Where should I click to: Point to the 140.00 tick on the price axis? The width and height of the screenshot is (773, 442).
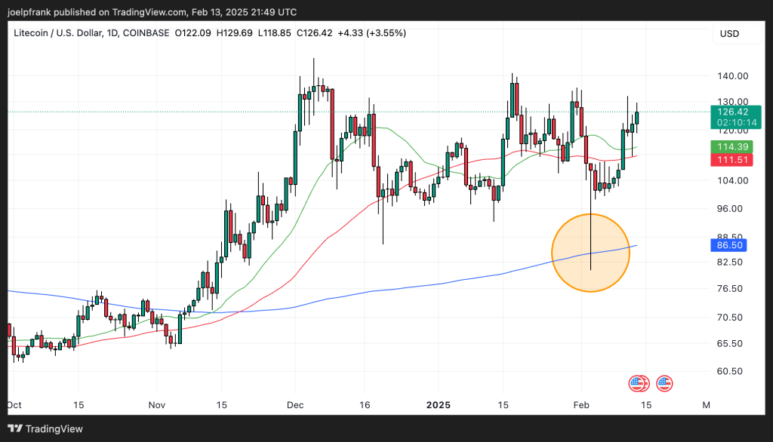point(731,76)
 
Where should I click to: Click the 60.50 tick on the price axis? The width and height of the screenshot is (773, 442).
point(731,371)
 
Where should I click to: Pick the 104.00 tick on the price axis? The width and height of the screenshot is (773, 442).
point(731,181)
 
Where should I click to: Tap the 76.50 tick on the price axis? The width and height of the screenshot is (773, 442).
point(731,289)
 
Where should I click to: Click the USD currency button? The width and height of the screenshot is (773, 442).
point(730,34)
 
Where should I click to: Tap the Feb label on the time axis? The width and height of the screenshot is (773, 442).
point(581,405)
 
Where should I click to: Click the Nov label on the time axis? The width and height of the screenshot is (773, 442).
point(156,405)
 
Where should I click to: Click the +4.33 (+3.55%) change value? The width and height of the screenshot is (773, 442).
point(371,33)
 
